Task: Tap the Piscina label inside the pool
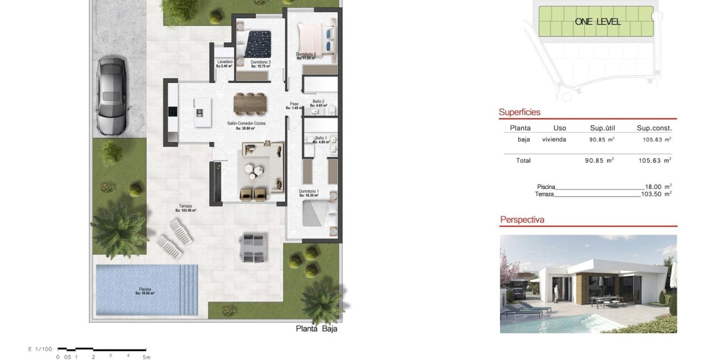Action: [145, 289]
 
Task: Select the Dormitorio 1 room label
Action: [309, 191]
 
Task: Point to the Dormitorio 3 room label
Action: [260, 62]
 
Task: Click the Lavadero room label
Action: [224, 61]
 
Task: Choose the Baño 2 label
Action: [318, 101]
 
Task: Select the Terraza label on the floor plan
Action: [186, 206]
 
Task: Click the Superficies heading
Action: [519, 112]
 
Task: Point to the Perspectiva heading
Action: [522, 220]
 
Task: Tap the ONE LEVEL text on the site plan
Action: [598, 22]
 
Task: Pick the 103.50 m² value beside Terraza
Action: [656, 194]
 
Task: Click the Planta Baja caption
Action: [316, 328]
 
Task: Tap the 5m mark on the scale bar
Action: [146, 357]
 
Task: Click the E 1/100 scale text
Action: [40, 349]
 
